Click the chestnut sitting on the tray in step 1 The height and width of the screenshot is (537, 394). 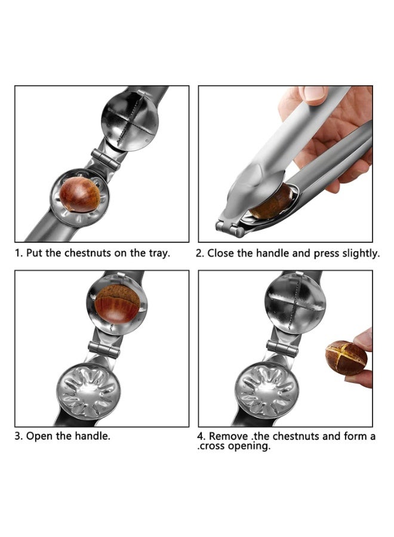79,194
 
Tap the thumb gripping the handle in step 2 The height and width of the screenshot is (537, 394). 312,94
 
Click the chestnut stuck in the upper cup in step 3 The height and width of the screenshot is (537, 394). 117,303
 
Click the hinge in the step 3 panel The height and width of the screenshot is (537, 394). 102,348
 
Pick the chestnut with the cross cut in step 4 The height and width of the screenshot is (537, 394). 346,357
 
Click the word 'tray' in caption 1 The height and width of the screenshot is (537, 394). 158,253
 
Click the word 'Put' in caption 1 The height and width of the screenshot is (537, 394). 35,253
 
